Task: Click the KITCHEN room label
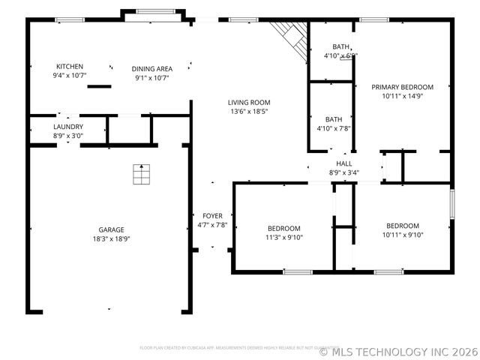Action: coord(69,67)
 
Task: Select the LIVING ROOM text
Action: coord(249,103)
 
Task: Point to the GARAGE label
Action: coord(111,230)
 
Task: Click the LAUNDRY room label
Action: coord(67,127)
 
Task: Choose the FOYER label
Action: coord(212,216)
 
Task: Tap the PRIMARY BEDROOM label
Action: coord(403,87)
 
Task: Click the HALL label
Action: coord(343,163)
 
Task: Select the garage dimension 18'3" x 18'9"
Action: coord(111,239)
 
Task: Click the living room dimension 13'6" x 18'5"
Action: coord(249,112)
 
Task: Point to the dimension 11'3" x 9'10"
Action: coord(284,238)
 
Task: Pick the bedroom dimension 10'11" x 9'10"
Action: coord(403,235)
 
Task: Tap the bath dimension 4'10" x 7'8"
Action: coord(334,128)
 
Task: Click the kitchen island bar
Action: coord(99,86)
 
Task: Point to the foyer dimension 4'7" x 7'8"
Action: coord(212,225)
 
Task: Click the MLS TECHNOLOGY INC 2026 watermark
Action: coord(398,351)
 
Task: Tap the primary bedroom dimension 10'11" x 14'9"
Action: coord(403,96)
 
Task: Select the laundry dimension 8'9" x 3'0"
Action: coord(67,136)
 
